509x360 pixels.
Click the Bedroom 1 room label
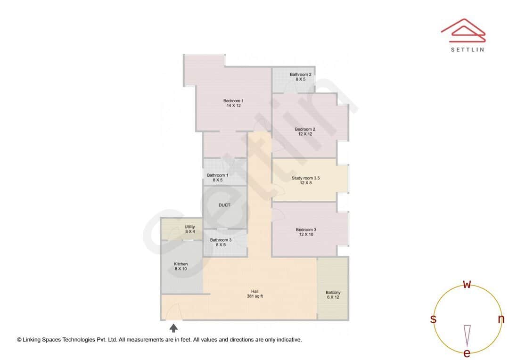(x=233, y=103)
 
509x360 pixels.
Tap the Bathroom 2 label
(x=300, y=77)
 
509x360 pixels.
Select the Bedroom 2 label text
(x=305, y=131)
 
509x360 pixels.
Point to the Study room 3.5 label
(x=305, y=180)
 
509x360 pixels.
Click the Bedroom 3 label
(x=305, y=232)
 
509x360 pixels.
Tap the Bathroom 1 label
(x=217, y=178)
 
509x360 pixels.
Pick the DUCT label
(x=225, y=205)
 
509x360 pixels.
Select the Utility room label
(x=189, y=229)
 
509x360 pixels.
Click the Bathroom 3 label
(x=221, y=242)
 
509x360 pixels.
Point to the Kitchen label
(x=181, y=266)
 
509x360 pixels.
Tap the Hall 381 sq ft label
(x=255, y=294)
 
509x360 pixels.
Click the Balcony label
(x=333, y=295)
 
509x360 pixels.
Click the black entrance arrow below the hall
(x=173, y=328)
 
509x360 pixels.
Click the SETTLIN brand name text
(x=467, y=49)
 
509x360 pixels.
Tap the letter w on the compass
(x=467, y=284)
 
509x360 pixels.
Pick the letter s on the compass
(x=433, y=319)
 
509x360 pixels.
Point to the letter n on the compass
(x=501, y=319)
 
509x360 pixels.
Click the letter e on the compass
(x=467, y=353)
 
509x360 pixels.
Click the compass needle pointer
(x=467, y=335)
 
